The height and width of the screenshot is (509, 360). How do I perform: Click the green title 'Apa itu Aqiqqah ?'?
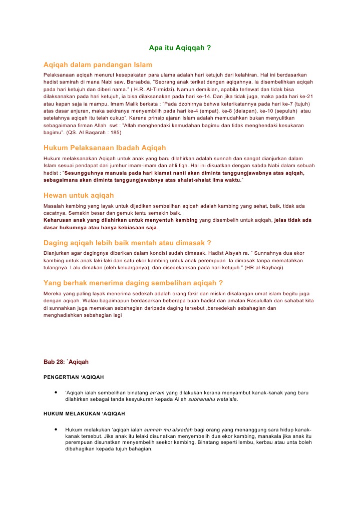(x=180, y=48)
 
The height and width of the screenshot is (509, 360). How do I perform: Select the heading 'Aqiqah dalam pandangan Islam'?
(x=98, y=65)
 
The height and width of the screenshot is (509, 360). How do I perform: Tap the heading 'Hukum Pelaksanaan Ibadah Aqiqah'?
(x=105, y=148)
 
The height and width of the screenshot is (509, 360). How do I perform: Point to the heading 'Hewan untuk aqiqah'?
(x=79, y=195)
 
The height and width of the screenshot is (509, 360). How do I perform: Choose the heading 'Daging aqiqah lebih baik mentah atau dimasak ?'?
(x=127, y=243)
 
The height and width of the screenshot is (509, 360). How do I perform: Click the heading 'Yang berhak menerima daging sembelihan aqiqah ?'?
(x=133, y=282)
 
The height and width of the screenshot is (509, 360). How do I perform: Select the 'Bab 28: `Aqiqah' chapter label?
(x=66, y=361)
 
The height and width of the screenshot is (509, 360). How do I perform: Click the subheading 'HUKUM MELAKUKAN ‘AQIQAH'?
(x=84, y=414)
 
